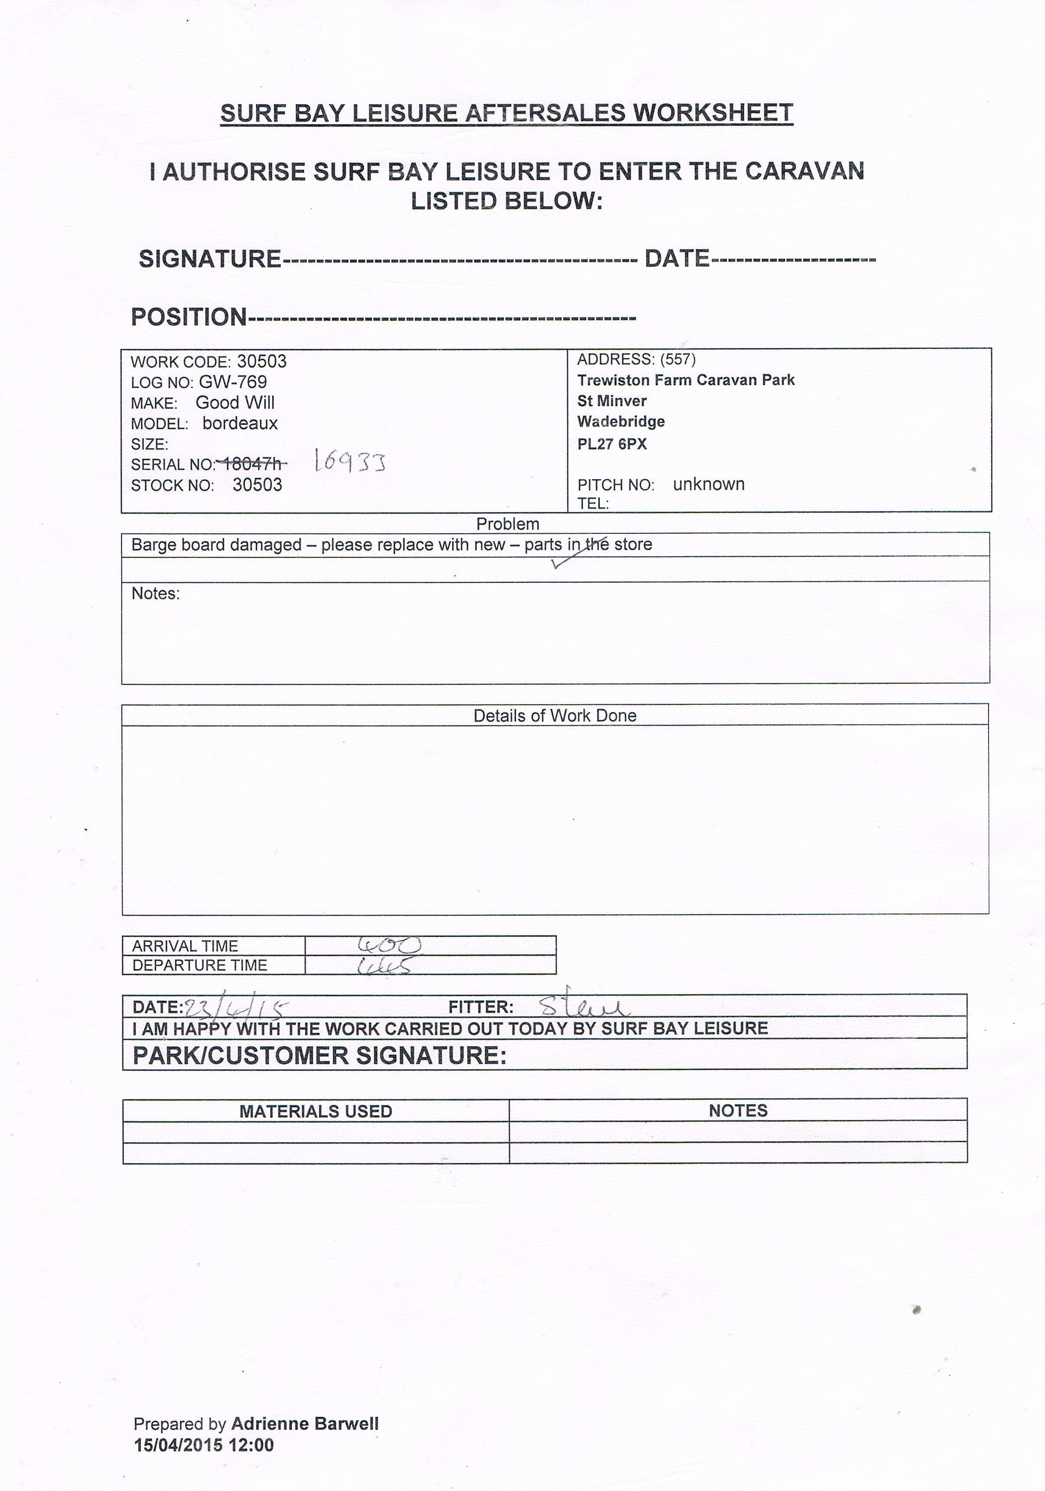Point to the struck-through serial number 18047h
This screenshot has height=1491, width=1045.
coord(252,464)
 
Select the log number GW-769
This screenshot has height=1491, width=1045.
coord(233,382)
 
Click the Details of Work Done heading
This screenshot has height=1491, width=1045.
coord(554,716)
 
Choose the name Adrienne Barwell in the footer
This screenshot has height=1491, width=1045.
coord(305,1424)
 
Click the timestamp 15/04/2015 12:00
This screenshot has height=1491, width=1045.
coord(204,1445)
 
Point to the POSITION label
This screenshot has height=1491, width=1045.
coord(188,317)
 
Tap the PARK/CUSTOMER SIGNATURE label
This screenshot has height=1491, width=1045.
coord(319,1056)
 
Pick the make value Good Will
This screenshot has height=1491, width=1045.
coord(235,403)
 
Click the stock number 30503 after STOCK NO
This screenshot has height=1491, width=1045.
coord(257,485)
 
